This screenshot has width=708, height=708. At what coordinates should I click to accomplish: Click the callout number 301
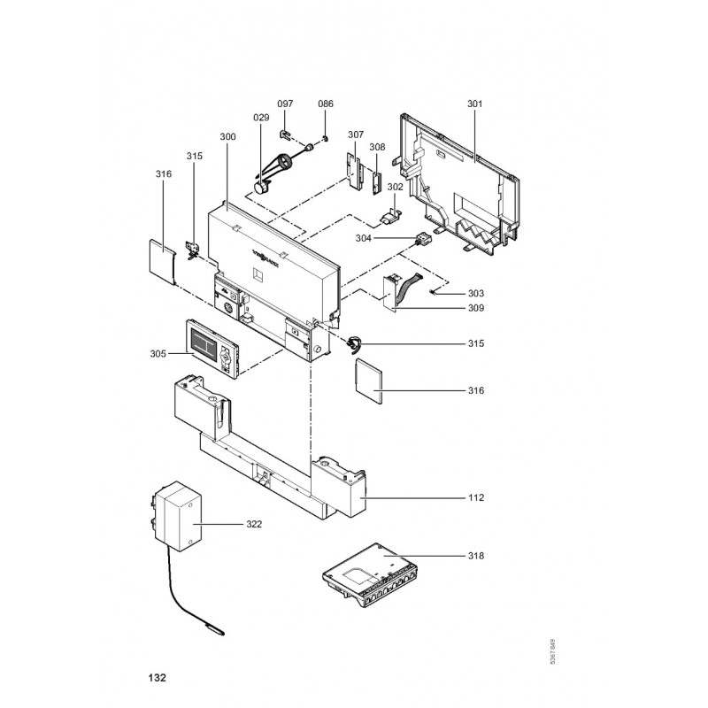[474, 104]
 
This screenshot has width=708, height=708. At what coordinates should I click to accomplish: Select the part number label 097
[285, 104]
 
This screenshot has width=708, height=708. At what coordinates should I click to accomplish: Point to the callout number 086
[326, 104]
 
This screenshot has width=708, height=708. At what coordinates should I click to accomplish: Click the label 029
[261, 118]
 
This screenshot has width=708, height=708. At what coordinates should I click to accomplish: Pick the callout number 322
[254, 524]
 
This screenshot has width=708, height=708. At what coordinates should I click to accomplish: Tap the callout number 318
[476, 556]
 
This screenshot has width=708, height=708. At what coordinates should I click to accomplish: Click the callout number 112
[476, 498]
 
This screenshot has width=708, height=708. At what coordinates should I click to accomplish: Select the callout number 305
[158, 354]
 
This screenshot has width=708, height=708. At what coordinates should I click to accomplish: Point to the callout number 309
[476, 309]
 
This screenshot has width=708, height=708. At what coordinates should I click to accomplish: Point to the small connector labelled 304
[422, 238]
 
